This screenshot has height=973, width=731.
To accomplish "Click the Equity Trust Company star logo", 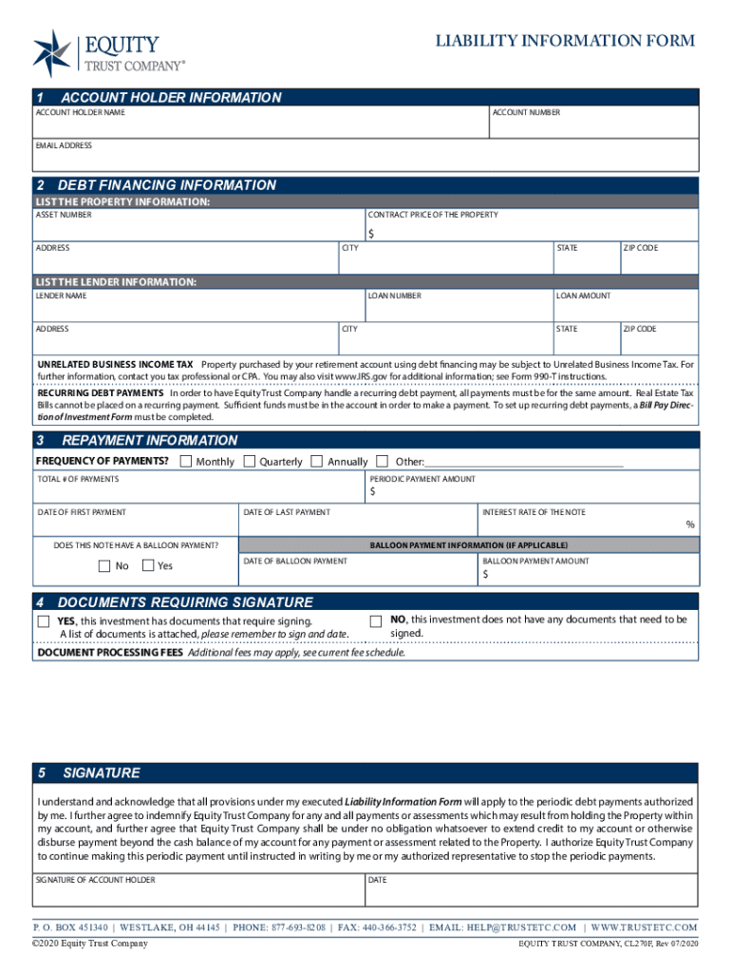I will (51, 52).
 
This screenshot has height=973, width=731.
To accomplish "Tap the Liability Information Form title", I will (565, 41).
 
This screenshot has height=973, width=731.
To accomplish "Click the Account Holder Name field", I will (261, 126).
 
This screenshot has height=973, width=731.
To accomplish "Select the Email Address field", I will (365, 157).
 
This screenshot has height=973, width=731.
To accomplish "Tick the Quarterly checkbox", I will (250, 462).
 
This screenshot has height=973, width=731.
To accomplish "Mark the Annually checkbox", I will (317, 462).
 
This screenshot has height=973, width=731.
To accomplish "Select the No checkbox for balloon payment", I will (104, 566).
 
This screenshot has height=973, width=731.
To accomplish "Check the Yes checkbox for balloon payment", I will (148, 566).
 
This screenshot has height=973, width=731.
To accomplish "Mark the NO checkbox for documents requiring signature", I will (376, 620).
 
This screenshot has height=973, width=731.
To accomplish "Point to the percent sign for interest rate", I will (690, 525).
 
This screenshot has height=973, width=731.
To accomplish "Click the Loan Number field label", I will (395, 296).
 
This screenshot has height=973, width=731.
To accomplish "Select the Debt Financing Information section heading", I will (167, 185).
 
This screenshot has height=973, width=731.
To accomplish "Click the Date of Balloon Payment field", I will (358, 575).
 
